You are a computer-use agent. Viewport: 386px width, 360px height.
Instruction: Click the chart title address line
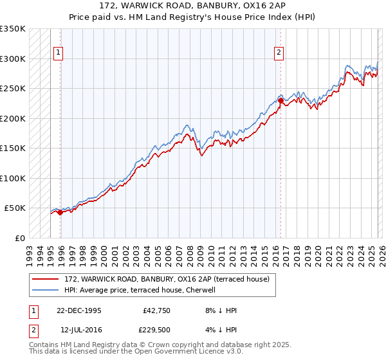click(x=193, y=5)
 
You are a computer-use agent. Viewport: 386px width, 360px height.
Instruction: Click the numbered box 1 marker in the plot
click(x=59, y=53)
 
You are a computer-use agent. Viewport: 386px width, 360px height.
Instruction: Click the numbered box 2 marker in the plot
click(x=279, y=53)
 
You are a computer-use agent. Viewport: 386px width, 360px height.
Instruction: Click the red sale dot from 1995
click(x=60, y=212)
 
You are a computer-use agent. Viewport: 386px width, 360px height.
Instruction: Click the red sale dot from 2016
click(x=281, y=101)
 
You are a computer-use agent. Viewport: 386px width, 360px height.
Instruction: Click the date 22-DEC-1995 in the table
click(x=79, y=310)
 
